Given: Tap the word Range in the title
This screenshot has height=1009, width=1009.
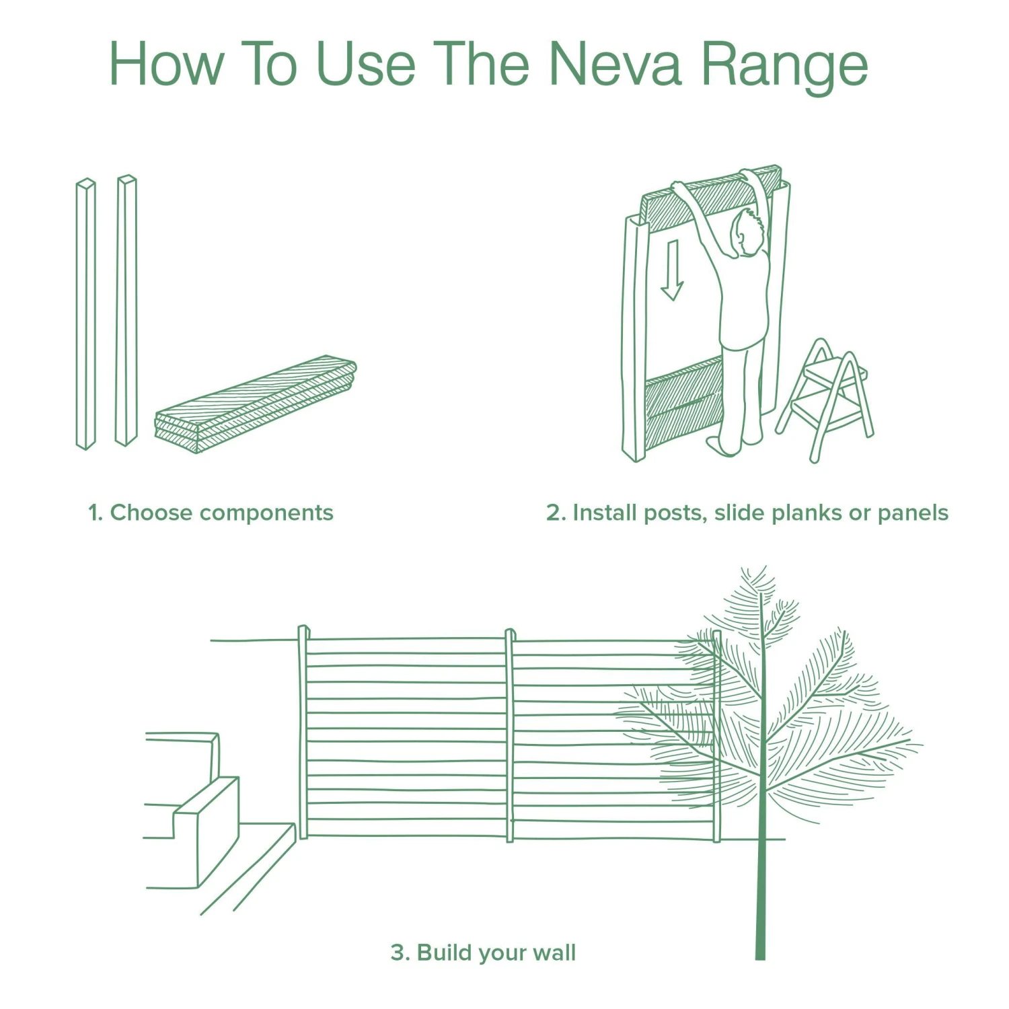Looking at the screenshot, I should point(784,65).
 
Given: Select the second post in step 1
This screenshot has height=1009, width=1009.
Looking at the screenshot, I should point(126,311).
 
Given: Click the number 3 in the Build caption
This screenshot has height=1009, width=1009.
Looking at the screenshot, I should point(398,952).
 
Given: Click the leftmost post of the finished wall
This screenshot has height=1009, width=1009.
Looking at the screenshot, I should point(303,733).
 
